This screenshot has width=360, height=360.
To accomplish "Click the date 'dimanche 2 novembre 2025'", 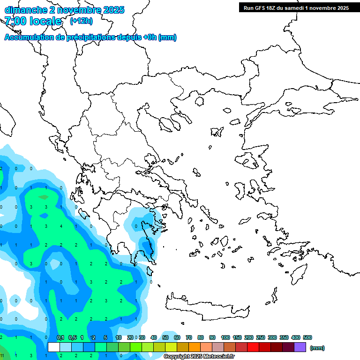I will click(x=64, y=10).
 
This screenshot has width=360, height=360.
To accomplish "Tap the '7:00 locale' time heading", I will click(x=33, y=21).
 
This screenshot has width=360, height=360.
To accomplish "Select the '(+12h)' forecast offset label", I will click(x=81, y=21).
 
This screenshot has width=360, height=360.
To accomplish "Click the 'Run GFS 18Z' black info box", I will click(x=296, y=8).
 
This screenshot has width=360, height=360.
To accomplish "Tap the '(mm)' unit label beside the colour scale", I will click(x=317, y=348).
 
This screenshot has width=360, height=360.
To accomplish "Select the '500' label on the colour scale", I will click(x=307, y=338).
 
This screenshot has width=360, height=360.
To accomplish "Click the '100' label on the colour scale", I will click(x=225, y=338).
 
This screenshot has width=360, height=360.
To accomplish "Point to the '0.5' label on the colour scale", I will click(x=73, y=338).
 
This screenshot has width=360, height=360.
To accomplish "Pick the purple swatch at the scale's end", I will click(x=300, y=347).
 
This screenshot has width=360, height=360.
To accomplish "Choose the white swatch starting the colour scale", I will click(x=54, y=347).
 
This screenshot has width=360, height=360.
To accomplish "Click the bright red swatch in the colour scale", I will click(x=253, y=347).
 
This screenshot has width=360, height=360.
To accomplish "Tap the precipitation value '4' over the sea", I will click(x=61, y=226).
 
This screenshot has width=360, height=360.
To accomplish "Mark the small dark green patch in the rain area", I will click(x=44, y=197).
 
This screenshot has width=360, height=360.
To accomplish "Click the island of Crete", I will click(x=206, y=305).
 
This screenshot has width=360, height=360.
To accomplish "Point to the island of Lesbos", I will click(x=248, y=160).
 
